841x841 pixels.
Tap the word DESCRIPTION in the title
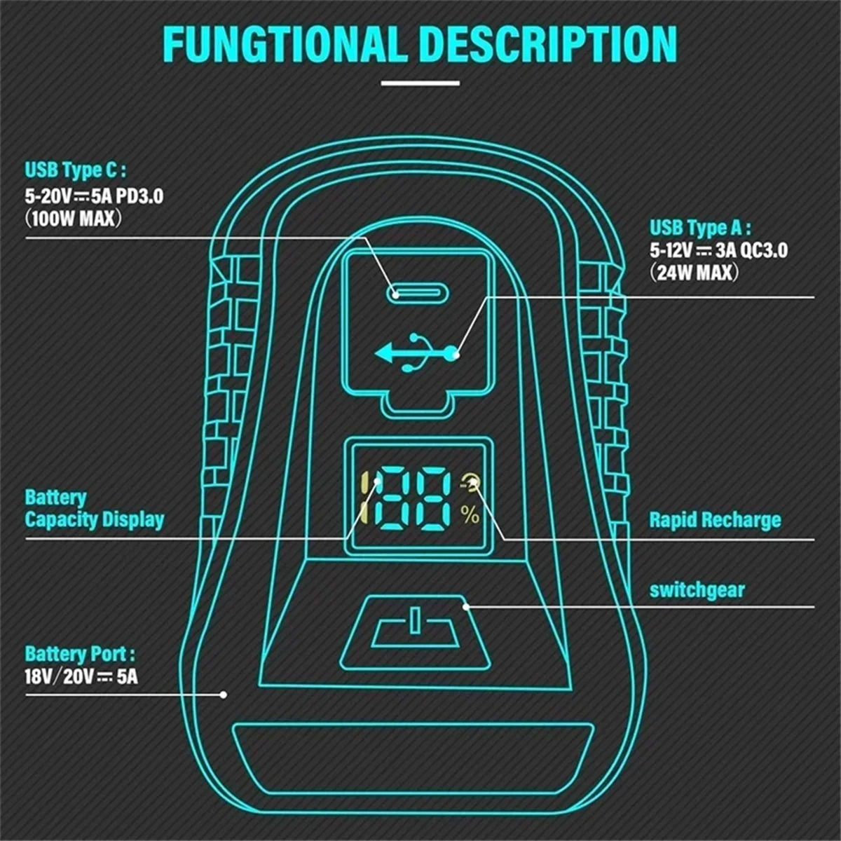click(x=551, y=45)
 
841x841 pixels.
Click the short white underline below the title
click(x=420, y=83)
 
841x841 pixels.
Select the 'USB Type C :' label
click(x=75, y=170)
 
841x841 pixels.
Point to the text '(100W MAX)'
click(x=73, y=219)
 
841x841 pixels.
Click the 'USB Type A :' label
click(x=700, y=228)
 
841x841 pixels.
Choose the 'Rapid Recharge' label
click(x=715, y=520)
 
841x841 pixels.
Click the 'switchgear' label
click(x=697, y=591)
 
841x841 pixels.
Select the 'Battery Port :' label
click(x=80, y=653)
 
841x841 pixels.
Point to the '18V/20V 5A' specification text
click(x=81, y=677)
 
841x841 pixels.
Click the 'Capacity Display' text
click(x=95, y=519)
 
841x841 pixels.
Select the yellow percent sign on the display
click(x=470, y=515)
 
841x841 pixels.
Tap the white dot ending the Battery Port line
click(x=224, y=695)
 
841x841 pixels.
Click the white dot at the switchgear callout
click(x=466, y=607)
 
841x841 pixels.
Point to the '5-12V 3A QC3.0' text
click(x=718, y=250)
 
